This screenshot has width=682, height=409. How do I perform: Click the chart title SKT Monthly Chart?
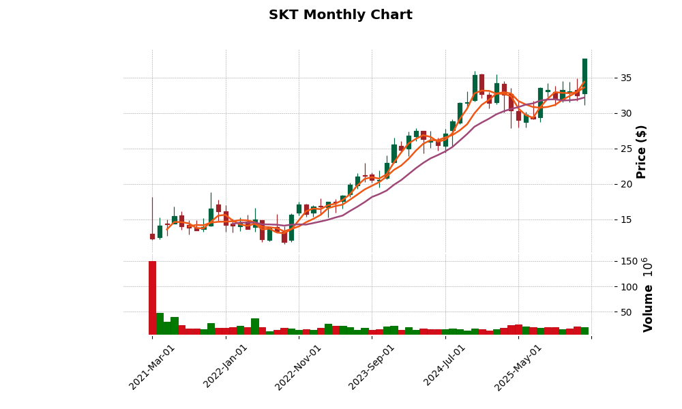pos(340,15)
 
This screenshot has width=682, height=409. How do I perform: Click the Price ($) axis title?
pos(641,151)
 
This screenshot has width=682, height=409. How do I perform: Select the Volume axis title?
pos(648,294)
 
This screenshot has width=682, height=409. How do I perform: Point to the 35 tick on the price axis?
pos(625,78)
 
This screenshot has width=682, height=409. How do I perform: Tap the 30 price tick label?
pos(625,113)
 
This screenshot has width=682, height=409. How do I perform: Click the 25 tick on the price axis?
pos(625,149)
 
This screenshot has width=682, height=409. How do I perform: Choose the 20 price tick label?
pos(625,184)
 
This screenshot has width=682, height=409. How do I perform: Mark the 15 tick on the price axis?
pos(625,219)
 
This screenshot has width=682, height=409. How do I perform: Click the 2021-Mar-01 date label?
pos(152,367)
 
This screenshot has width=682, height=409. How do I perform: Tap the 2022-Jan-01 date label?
pos(226,367)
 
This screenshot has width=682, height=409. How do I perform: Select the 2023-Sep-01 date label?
pos(372,367)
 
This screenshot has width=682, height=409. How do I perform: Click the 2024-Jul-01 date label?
pos(445,367)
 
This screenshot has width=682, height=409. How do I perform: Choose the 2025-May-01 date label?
pos(518,367)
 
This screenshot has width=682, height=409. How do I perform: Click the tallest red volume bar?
pos(152,297)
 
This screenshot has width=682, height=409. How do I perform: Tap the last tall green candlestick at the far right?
pos(584,76)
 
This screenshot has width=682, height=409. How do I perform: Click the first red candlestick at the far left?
pos(152,237)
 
